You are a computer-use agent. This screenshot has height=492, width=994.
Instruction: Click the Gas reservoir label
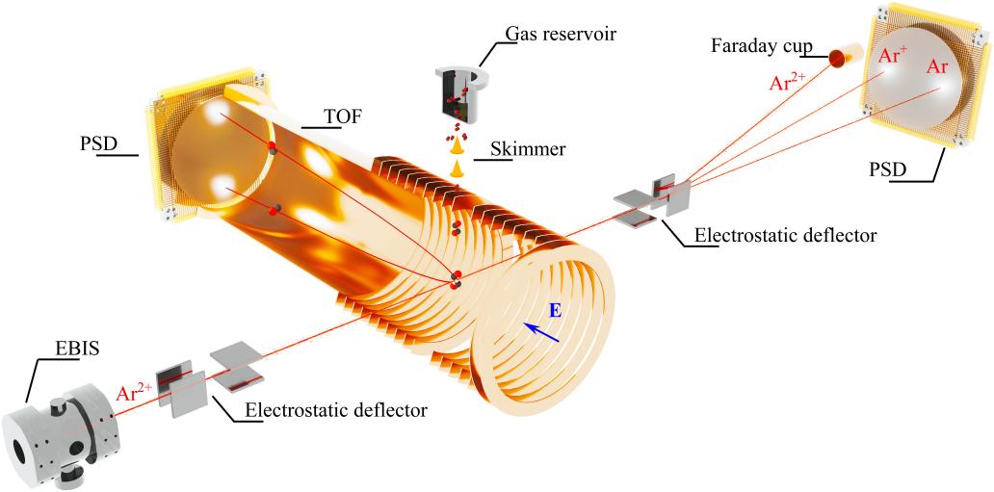pyautogui.click(x=561, y=36)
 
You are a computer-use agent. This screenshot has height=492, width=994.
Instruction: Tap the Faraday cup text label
pyautogui.click(x=758, y=45)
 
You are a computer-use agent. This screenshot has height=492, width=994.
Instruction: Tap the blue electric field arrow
pyautogui.click(x=541, y=331)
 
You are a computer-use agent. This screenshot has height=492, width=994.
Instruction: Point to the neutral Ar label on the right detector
pyautogui.click(x=936, y=67)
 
